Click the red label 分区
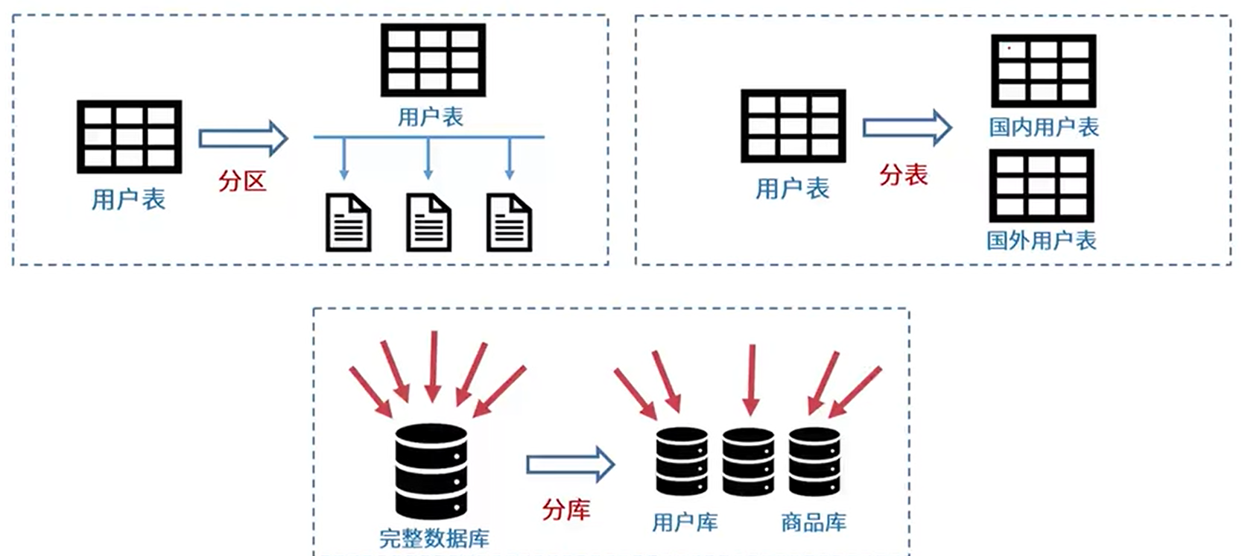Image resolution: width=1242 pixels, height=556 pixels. click(x=242, y=181)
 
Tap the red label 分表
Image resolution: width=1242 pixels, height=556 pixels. click(x=904, y=175)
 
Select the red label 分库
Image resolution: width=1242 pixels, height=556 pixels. click(x=566, y=509)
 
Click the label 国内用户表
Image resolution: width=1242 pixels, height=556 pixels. click(x=1044, y=127)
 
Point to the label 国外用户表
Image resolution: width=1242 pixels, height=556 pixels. click(x=1042, y=240)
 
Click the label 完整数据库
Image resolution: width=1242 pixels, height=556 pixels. click(x=434, y=538)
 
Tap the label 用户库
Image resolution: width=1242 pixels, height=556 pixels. click(x=685, y=522)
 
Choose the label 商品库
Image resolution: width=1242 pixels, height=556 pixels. click(x=814, y=522)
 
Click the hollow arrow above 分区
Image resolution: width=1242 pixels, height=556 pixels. click(x=244, y=138)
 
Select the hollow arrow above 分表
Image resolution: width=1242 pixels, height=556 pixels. click(x=907, y=127)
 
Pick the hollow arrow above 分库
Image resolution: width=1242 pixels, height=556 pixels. click(x=571, y=464)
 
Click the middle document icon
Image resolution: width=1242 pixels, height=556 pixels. click(x=428, y=222)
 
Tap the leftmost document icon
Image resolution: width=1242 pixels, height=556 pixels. click(x=348, y=222)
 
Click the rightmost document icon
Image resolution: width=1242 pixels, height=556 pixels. click(x=509, y=222)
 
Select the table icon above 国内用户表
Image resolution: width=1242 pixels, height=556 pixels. click(x=1044, y=71)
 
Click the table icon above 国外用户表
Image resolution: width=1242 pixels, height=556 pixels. click(x=1042, y=186)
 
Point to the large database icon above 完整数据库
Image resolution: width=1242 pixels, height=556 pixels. click(x=431, y=472)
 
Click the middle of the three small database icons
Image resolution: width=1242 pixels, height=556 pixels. click(x=748, y=461)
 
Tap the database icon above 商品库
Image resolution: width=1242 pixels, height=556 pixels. click(x=814, y=461)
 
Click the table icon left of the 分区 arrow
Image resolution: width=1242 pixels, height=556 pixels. click(x=129, y=136)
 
